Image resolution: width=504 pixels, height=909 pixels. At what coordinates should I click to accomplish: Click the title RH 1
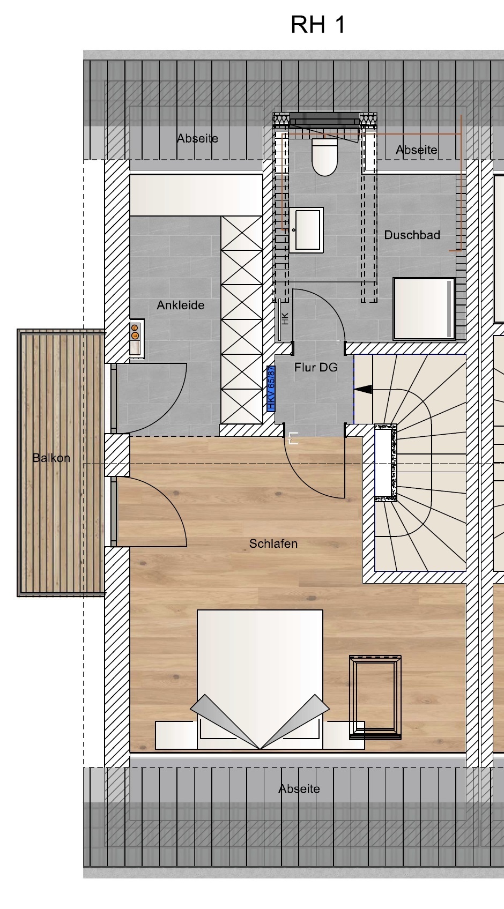click(318, 25)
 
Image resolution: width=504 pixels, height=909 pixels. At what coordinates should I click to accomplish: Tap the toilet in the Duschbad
click(324, 157)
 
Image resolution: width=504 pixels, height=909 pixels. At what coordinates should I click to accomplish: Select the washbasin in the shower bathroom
click(306, 230)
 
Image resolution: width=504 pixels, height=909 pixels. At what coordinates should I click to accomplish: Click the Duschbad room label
click(412, 235)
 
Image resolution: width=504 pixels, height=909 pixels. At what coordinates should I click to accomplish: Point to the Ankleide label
click(181, 305)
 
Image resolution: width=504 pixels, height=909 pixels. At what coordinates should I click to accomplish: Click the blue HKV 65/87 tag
click(271, 389)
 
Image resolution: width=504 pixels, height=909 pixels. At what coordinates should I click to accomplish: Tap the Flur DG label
click(316, 367)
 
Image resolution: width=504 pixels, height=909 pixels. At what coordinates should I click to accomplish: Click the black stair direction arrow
click(363, 390)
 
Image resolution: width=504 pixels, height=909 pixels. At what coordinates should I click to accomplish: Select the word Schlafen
click(273, 544)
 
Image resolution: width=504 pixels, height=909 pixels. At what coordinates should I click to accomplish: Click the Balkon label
click(51, 458)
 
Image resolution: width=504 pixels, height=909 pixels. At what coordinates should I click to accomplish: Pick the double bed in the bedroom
click(260, 679)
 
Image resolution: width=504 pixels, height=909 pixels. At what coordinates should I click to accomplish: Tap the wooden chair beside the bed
click(375, 697)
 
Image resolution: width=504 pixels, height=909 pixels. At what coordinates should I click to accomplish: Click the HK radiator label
click(285, 318)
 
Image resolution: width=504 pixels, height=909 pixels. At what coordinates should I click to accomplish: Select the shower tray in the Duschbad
click(424, 309)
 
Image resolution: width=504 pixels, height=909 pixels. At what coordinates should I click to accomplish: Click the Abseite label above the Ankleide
click(197, 138)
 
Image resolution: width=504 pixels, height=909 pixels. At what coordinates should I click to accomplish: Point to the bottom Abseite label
click(299, 789)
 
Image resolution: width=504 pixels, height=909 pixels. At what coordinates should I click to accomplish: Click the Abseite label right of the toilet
click(417, 150)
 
